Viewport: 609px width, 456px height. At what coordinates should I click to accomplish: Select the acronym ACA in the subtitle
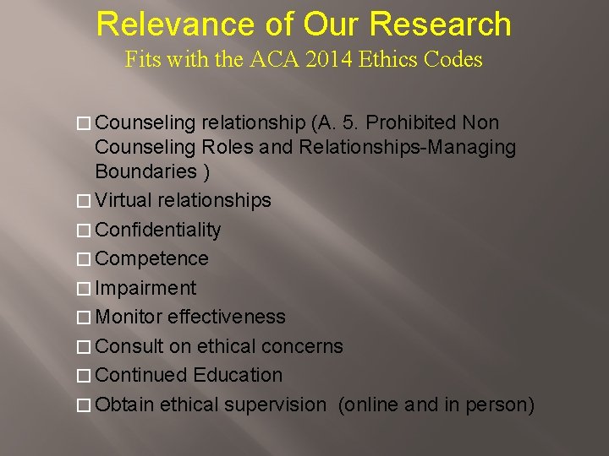tap(270, 60)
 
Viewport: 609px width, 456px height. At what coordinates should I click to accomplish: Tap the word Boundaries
tap(147, 171)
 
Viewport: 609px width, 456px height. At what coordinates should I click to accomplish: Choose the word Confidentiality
tap(158, 230)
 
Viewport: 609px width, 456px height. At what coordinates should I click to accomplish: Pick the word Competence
tap(151, 258)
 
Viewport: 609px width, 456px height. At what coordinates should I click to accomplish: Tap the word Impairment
tap(145, 288)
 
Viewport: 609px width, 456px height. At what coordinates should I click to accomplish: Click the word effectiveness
tap(227, 317)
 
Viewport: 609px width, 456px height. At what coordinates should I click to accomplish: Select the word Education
tap(238, 375)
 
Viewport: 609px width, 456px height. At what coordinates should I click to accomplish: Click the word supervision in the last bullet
tap(274, 404)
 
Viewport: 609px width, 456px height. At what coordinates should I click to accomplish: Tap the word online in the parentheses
tap(369, 404)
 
